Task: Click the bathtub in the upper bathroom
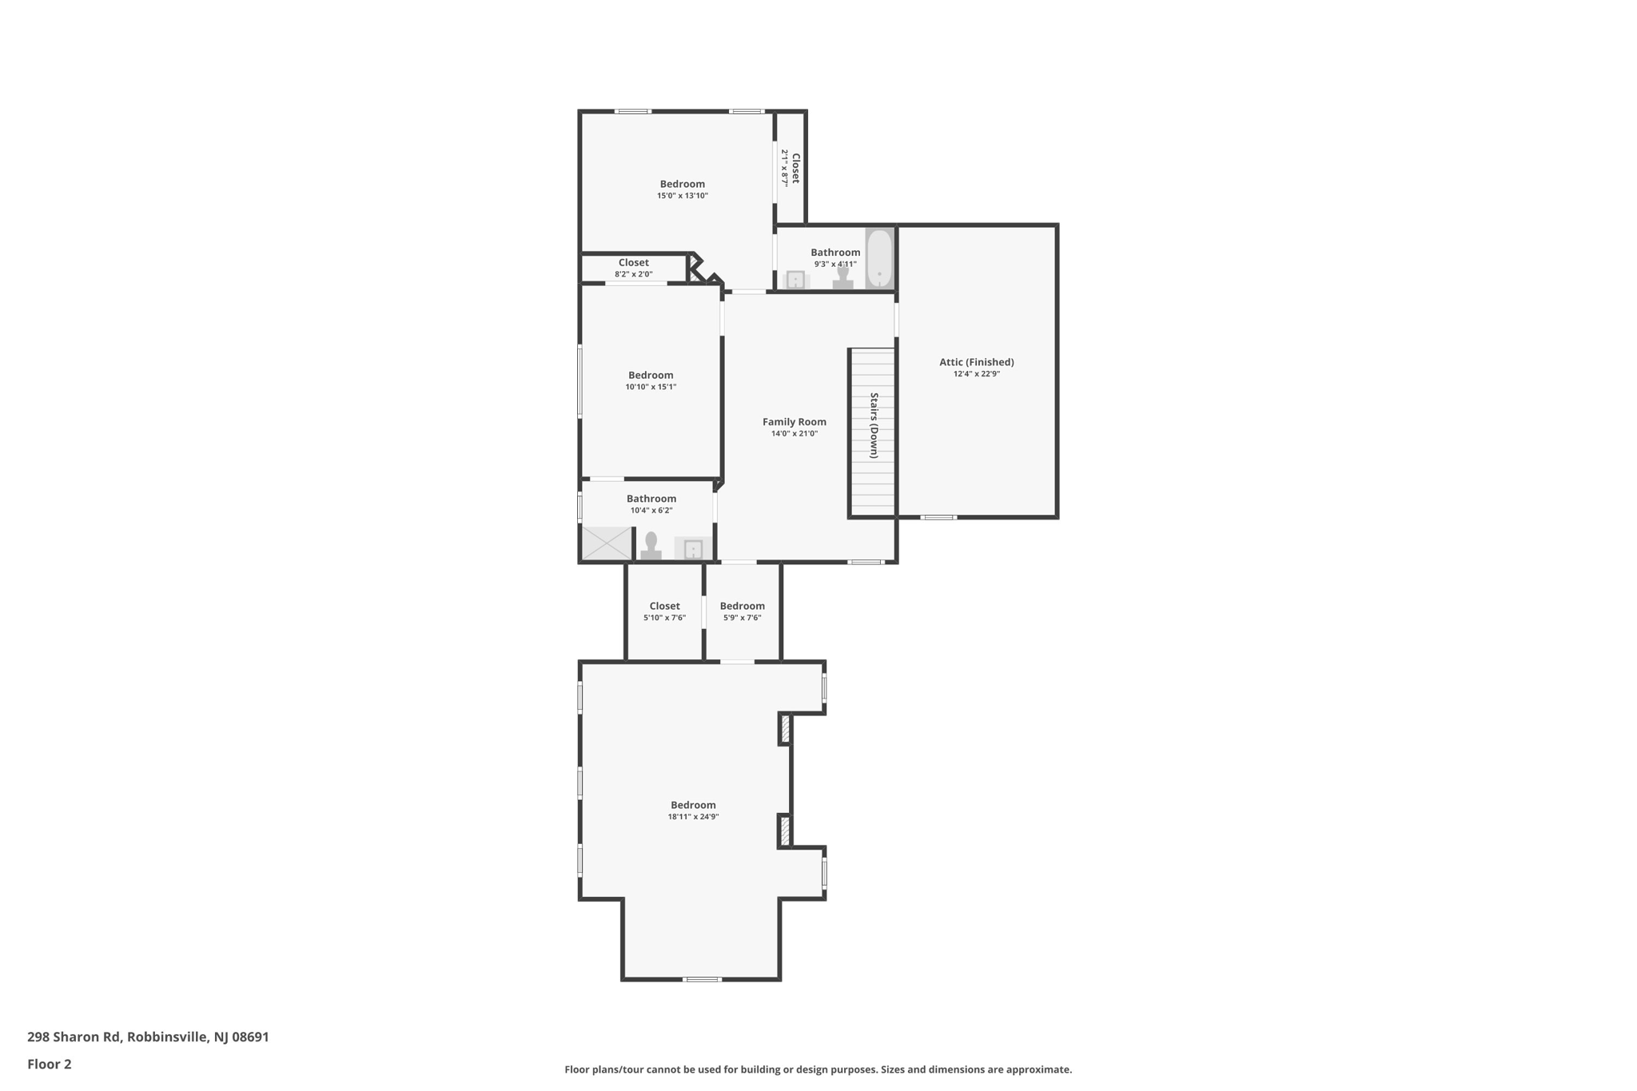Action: click(x=879, y=258)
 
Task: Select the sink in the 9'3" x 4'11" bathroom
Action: click(x=796, y=280)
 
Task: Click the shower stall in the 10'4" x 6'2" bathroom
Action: click(x=607, y=544)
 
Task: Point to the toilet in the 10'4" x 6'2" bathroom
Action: click(x=651, y=546)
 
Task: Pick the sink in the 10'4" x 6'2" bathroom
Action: click(x=693, y=548)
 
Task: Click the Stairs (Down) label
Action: click(x=874, y=425)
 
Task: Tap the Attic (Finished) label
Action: click(x=977, y=362)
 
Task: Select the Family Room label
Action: click(x=795, y=422)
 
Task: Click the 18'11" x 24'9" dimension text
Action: click(x=694, y=817)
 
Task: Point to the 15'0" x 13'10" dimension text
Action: click(x=683, y=196)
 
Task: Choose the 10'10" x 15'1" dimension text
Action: click(x=651, y=387)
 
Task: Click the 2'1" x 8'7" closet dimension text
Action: click(x=785, y=168)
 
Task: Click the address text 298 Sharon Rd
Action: click(x=74, y=1037)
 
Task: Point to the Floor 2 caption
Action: click(x=50, y=1064)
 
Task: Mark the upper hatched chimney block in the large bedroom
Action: click(x=785, y=729)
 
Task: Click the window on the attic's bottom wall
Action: click(x=938, y=517)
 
